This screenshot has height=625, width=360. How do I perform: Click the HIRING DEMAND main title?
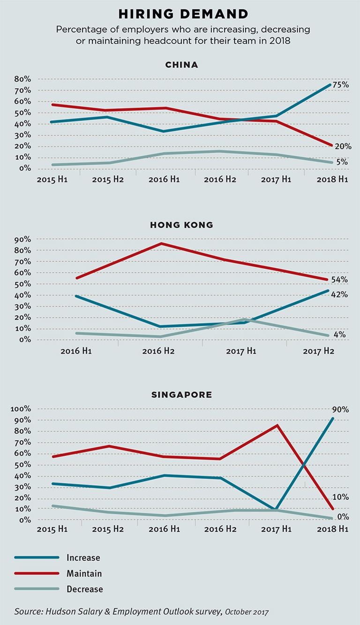[x=182, y=13]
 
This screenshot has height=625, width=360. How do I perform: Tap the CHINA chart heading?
[x=181, y=65]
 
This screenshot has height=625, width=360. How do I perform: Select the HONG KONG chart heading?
[x=181, y=225]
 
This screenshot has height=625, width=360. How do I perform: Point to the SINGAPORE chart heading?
[x=181, y=394]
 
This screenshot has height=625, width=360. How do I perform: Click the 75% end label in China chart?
[x=340, y=85]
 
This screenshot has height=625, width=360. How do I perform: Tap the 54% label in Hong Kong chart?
[x=339, y=279]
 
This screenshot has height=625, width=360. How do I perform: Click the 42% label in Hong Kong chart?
[x=339, y=294]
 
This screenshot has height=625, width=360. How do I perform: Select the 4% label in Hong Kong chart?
[x=339, y=335]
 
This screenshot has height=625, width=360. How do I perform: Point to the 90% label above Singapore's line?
[x=340, y=409]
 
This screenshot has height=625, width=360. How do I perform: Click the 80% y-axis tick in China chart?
[x=22, y=79]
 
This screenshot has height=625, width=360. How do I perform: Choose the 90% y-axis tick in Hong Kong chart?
[x=22, y=239]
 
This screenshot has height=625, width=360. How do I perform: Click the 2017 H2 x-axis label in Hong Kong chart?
[x=318, y=351]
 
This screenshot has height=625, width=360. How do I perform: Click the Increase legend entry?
[x=83, y=558]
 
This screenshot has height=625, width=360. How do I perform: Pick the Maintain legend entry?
[x=84, y=573]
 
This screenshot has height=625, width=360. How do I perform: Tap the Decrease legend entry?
[x=84, y=589]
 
